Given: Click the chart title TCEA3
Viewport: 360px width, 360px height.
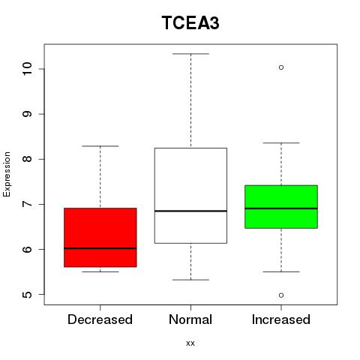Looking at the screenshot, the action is click(x=190, y=22).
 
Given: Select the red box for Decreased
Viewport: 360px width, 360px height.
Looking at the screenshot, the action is click(x=100, y=238).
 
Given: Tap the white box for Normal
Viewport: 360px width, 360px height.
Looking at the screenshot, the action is click(x=190, y=196).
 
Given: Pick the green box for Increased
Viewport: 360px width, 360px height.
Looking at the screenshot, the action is click(x=281, y=207).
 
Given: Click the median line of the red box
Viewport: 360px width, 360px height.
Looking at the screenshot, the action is click(x=100, y=248).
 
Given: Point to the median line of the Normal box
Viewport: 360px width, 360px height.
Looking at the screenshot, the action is click(x=190, y=211).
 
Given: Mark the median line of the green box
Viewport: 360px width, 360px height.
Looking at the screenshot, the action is click(x=281, y=208).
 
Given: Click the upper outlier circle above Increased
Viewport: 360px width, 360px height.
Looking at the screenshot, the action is click(x=281, y=67).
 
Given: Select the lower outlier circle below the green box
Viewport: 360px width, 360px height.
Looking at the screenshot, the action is click(x=281, y=295).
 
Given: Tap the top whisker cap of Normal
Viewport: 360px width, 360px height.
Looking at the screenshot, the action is click(x=190, y=54).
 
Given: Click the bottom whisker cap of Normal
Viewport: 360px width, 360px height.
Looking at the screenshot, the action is click(x=190, y=280).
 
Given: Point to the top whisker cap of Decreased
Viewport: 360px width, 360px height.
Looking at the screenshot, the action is click(x=100, y=146).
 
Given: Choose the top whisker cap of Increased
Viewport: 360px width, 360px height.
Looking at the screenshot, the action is click(x=281, y=142).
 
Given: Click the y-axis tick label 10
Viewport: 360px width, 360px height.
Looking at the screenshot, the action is click(x=27, y=68).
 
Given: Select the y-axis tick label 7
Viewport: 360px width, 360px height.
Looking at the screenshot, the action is click(x=27, y=204).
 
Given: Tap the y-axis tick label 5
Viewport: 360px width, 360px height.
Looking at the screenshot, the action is click(x=27, y=295).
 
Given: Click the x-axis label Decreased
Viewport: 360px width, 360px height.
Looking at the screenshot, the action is click(x=100, y=319).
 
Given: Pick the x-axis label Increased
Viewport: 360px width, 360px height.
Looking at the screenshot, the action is click(x=281, y=319).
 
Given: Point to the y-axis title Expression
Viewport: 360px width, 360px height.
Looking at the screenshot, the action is click(x=7, y=174).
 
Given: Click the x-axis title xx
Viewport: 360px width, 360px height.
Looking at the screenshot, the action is click(x=190, y=343).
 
